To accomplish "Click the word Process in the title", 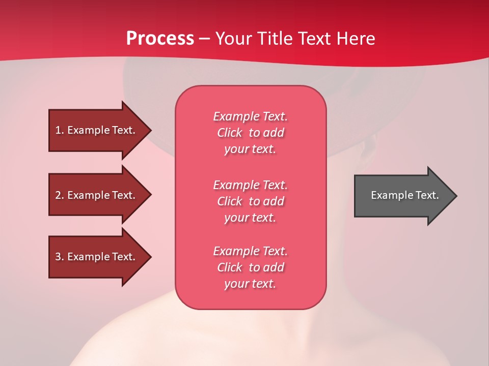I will pos(160,39).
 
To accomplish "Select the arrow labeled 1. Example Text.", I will pos(97,130).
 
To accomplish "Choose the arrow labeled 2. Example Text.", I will pos(97,195).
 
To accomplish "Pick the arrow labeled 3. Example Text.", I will pos(97,257).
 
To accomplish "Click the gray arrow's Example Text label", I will pos(404,195).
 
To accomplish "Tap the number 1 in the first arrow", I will pos(58,130).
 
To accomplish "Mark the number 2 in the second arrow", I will pos(58,195).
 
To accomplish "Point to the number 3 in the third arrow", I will pos(58,257).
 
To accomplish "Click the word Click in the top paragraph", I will pos(230,133).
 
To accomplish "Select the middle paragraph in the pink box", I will pos(250,201).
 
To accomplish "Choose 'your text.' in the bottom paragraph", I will pos(250,284).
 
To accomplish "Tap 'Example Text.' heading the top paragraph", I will pos(250,116).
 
